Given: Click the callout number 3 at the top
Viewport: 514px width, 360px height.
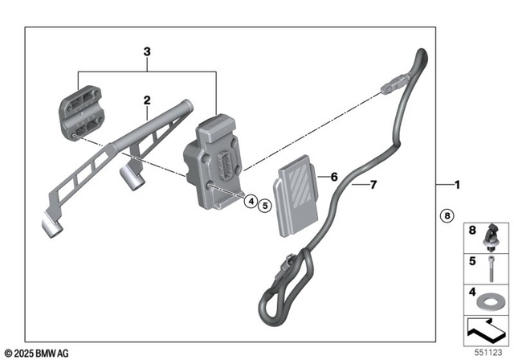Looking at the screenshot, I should pyautogui.click(x=146, y=51).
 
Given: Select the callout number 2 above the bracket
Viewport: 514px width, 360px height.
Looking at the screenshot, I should pyautogui.click(x=147, y=100).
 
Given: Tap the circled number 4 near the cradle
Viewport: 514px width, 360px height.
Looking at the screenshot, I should pyautogui.click(x=251, y=202).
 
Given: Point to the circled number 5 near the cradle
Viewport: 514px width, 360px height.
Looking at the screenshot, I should pyautogui.click(x=266, y=206).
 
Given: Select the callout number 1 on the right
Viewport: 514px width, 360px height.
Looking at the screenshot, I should pyautogui.click(x=457, y=186).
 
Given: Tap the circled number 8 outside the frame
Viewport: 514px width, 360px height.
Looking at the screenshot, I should pyautogui.click(x=447, y=215).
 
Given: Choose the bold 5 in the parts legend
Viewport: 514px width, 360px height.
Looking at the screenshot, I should pyautogui.click(x=472, y=262).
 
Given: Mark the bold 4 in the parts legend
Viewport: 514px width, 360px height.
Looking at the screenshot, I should pyautogui.click(x=472, y=292).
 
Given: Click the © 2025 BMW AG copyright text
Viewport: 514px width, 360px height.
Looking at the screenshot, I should pyautogui.click(x=36, y=354).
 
